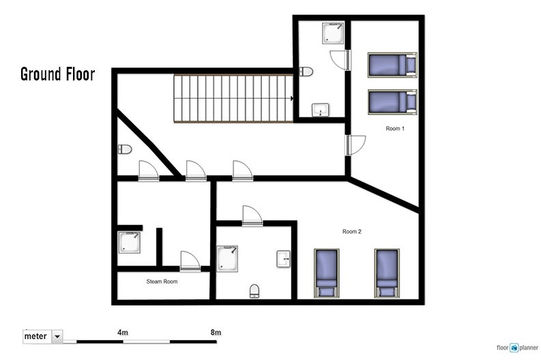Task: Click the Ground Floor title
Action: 57,74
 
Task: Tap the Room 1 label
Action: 395,128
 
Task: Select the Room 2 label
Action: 352,231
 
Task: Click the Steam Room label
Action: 162,282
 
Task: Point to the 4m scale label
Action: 123,333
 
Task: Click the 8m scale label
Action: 216,333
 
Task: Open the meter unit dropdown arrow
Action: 57,336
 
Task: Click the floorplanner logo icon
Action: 514,348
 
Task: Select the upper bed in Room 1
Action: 393,65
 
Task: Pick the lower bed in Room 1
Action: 393,102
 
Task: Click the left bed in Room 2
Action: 326,273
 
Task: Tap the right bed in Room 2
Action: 387,273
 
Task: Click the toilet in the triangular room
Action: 125,149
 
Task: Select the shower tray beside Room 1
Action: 333,33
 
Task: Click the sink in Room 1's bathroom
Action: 321,110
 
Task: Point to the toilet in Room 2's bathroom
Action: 254,291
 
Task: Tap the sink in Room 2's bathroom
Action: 284,259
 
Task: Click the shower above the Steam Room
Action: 129,243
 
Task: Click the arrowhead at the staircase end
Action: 292,99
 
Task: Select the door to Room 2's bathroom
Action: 252,216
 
